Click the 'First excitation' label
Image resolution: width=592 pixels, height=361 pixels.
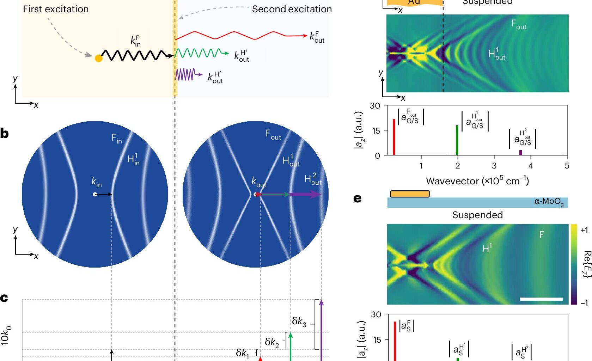[x=56, y=9]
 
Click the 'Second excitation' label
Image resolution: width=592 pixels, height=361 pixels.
[x=292, y=9]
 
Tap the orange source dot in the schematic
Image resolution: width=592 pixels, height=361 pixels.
[x=99, y=59]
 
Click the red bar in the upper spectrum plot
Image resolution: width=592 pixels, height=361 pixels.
[x=394, y=137]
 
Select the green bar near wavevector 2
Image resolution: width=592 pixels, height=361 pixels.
[x=457, y=140]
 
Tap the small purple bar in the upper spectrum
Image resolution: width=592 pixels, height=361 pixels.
[x=520, y=153]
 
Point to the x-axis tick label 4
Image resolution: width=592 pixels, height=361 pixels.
[x=531, y=166]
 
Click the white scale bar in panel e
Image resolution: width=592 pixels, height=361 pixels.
[x=541, y=299]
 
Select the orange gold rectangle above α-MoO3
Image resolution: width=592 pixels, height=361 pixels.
[x=410, y=194]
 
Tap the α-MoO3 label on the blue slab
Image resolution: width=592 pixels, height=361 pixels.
[x=549, y=202]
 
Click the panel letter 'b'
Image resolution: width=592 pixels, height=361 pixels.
[x=5, y=134]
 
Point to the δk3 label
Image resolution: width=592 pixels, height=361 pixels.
[x=299, y=322]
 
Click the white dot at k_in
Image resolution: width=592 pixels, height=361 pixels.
[x=95, y=194]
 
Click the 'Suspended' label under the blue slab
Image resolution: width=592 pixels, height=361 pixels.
[x=477, y=215]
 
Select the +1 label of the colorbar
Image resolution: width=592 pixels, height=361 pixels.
[x=584, y=231]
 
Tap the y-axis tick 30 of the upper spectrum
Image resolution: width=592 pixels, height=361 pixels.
[x=375, y=106]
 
